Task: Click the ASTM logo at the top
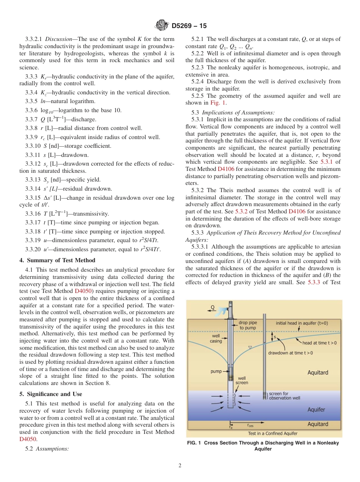coord(162,25)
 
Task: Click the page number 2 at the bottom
coord(180,466)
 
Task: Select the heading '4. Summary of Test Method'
coord(57,260)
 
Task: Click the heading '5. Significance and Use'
coord(51,394)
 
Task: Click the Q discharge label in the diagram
coord(212,307)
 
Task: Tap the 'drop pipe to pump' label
coord(247,325)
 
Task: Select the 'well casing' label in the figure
coord(216,338)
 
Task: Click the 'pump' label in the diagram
coord(216,371)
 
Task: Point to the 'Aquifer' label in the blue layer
coord(316,410)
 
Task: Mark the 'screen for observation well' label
coord(284,396)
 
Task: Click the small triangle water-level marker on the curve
coord(249,347)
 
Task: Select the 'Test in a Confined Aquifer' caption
coord(272,433)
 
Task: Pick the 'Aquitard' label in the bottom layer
coord(318,424)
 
